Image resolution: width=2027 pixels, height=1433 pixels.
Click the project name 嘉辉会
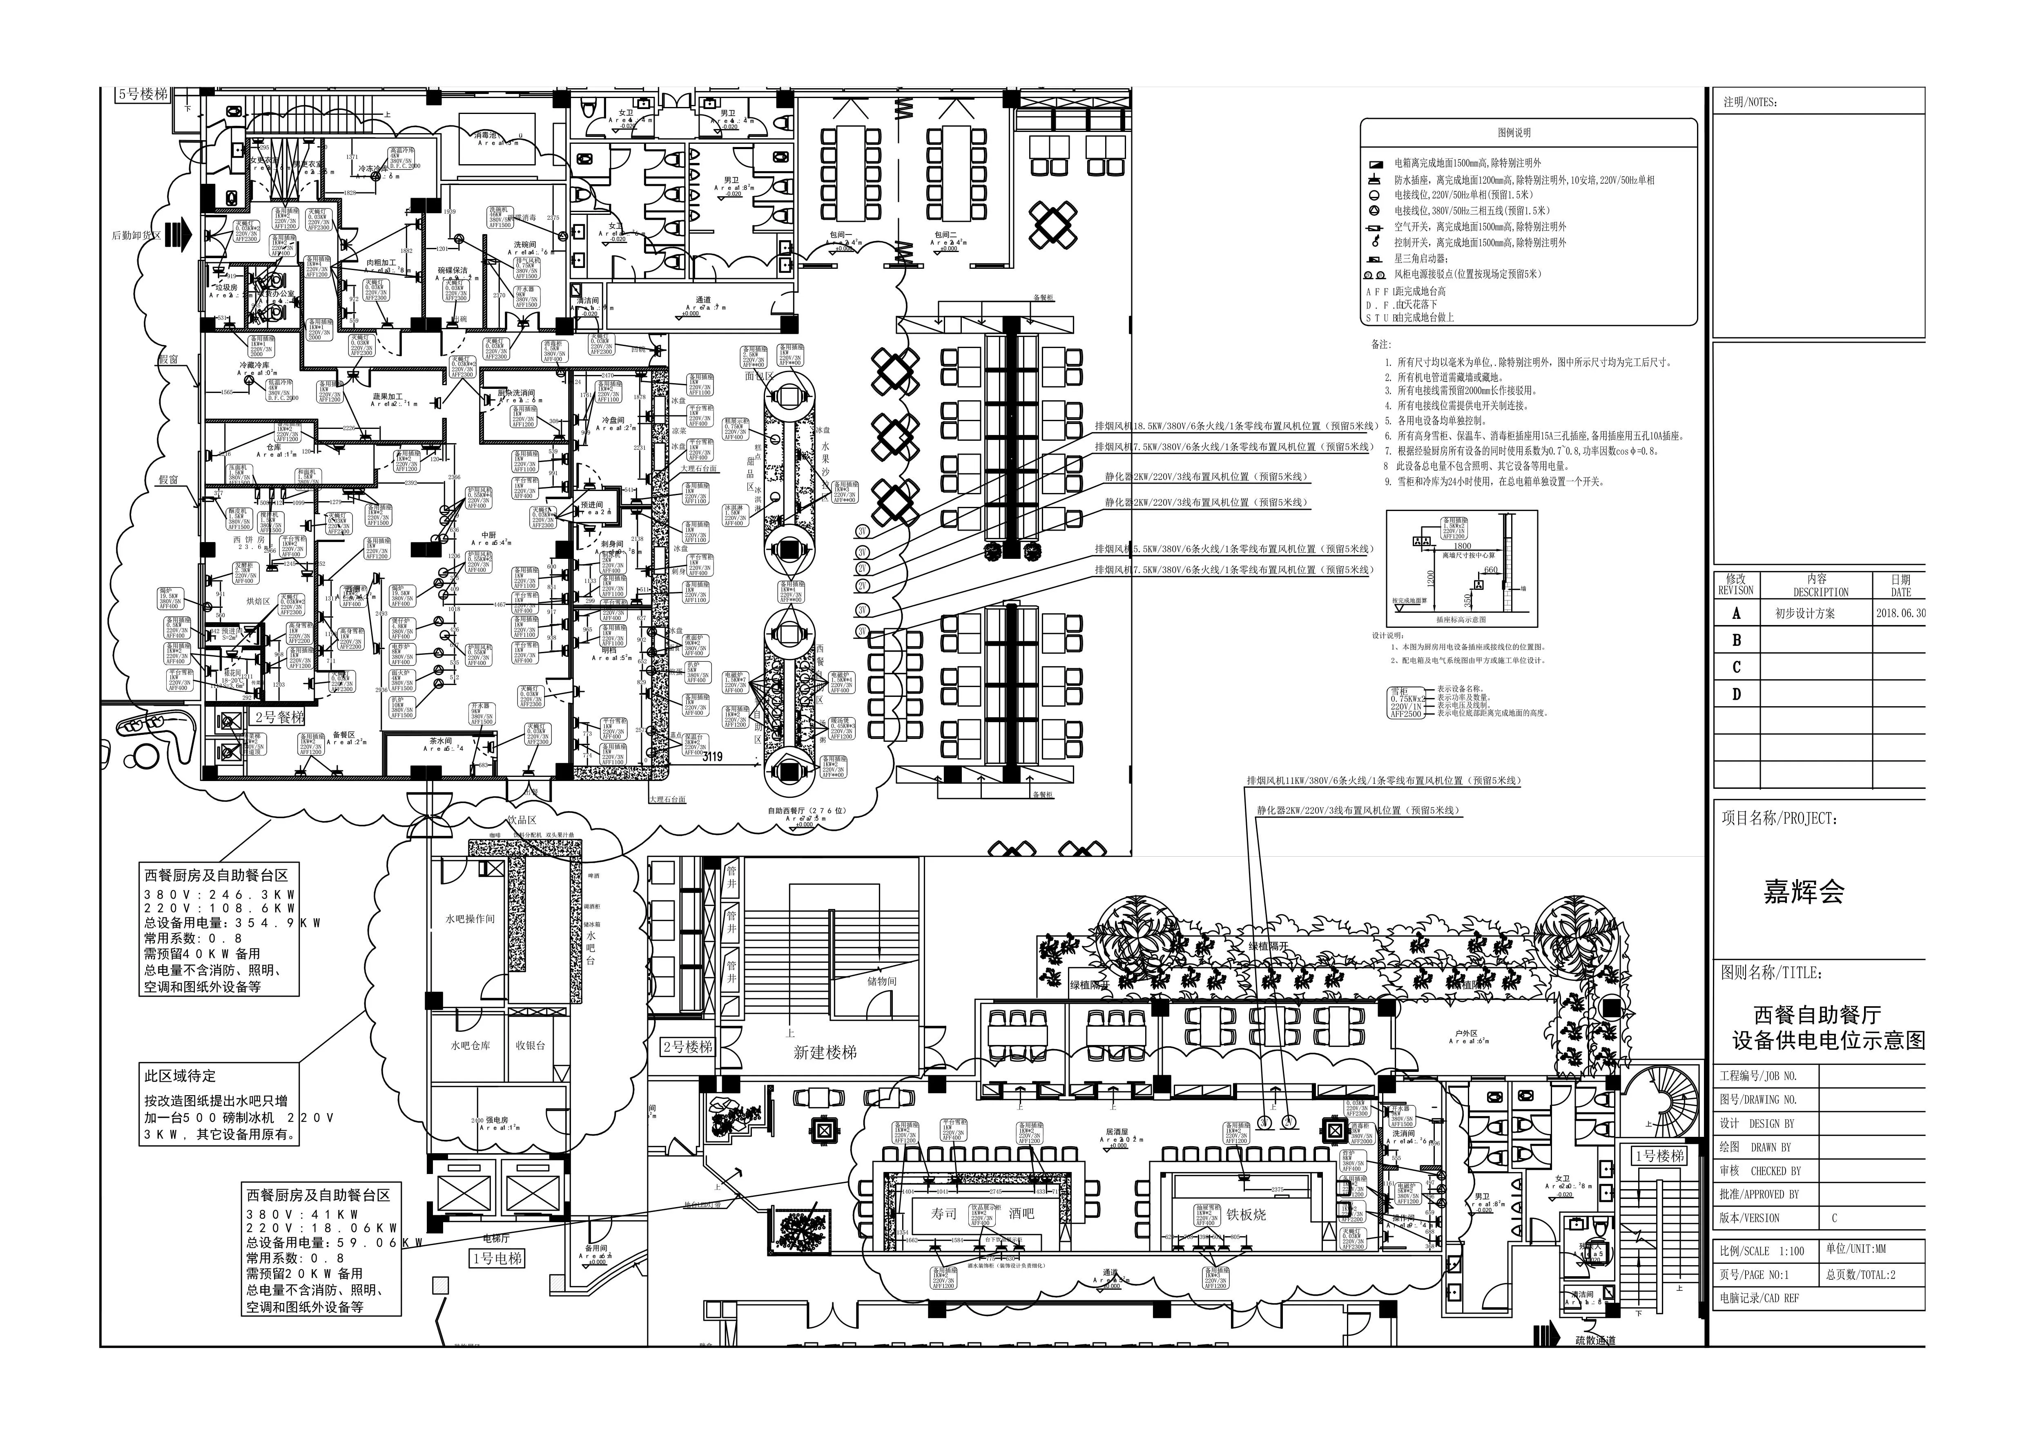1804,893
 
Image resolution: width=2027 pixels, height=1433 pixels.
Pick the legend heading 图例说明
1514,132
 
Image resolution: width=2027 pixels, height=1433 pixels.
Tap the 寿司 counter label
944,1214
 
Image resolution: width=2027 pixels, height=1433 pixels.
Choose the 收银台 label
530,1045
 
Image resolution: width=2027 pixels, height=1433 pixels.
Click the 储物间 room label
881,981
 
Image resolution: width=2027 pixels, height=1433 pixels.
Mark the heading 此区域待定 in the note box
180,1076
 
